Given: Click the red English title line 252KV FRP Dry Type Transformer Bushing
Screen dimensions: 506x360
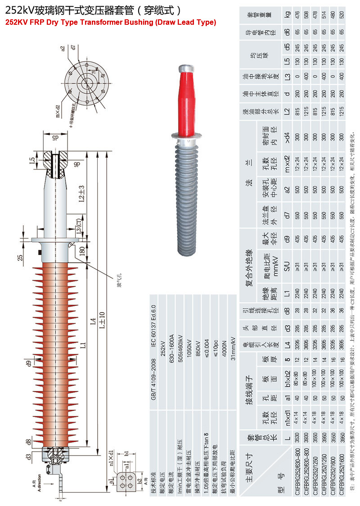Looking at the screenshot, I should pos(111,22).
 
